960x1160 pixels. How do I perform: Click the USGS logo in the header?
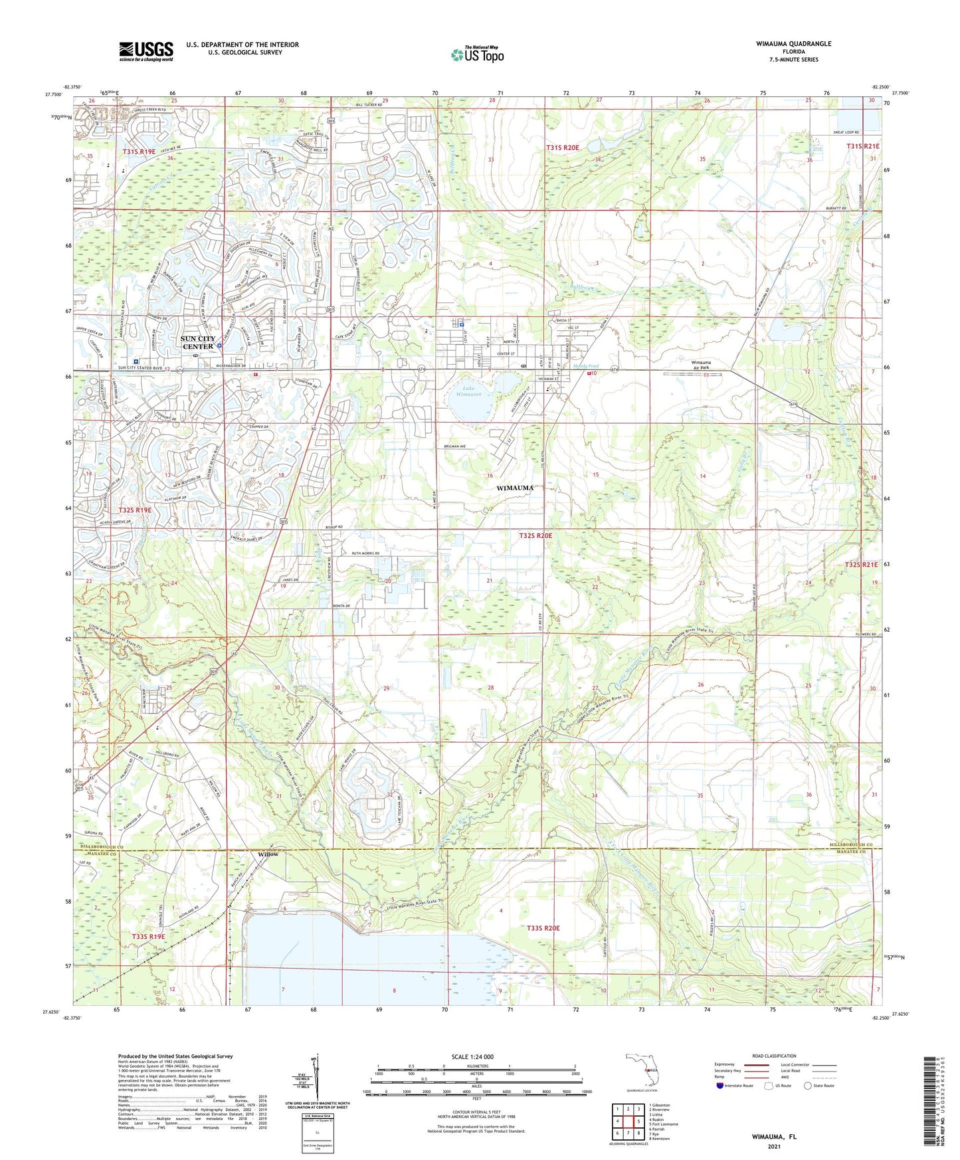pyautogui.click(x=146, y=51)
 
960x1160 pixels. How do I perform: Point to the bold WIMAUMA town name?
pyautogui.click(x=515, y=488)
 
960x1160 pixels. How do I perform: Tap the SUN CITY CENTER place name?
pyautogui.click(x=198, y=342)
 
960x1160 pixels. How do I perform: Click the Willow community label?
pyautogui.click(x=268, y=854)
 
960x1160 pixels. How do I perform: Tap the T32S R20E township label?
pyautogui.click(x=535, y=535)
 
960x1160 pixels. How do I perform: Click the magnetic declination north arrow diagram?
pyautogui.click(x=316, y=1080)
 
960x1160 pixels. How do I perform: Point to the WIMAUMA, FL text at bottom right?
pyautogui.click(x=774, y=1136)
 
